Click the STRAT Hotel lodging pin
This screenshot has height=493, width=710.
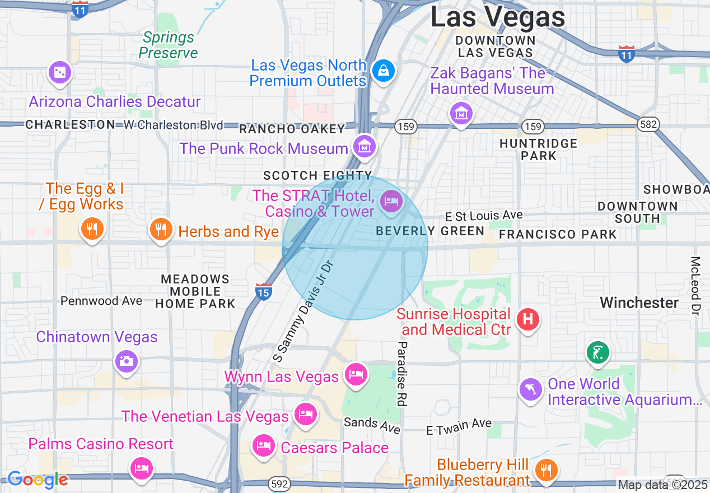[x=391, y=201]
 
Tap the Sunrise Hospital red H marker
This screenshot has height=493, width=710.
[x=527, y=320]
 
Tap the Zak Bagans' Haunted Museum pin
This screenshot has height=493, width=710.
[x=461, y=114]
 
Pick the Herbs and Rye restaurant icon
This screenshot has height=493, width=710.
[x=161, y=229]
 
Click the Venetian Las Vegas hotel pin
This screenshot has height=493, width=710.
[x=305, y=415]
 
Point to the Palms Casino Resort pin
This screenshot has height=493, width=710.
[x=141, y=467]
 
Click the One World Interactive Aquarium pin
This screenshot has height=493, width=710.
[x=530, y=389]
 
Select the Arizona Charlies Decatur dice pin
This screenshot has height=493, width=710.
[x=59, y=73]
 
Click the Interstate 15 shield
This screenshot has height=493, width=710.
[x=264, y=291]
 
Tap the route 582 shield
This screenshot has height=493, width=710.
[x=648, y=125]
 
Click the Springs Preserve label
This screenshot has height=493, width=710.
[x=168, y=45]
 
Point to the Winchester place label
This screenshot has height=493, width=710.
[x=639, y=303]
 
